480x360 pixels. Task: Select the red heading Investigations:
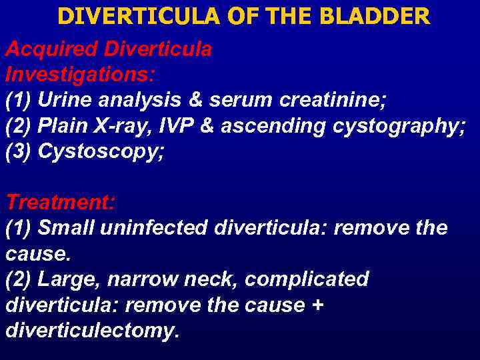(x=79, y=73)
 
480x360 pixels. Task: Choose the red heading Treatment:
(x=61, y=202)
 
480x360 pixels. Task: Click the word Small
(x=67, y=228)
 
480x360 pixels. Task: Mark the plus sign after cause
(x=317, y=305)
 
